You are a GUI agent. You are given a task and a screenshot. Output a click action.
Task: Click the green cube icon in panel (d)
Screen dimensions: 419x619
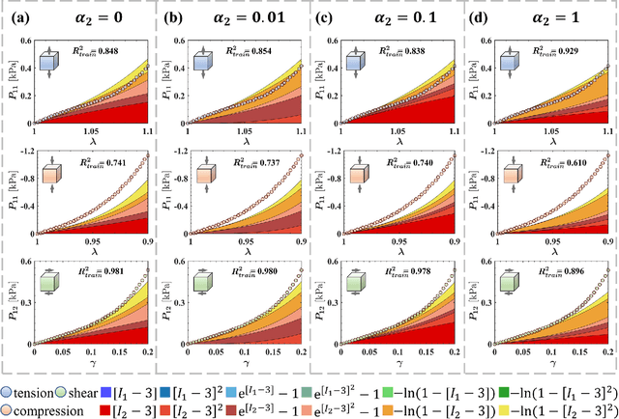[513, 286]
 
